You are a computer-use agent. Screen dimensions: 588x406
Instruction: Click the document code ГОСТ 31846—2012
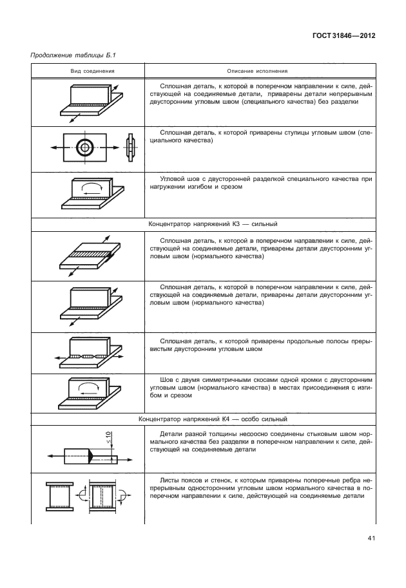coord(344,36)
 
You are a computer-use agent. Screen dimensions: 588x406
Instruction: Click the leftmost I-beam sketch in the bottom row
coord(57,500)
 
